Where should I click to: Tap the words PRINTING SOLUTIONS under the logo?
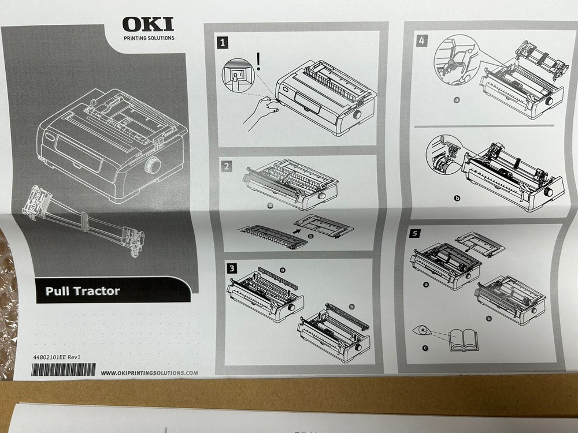point(149,39)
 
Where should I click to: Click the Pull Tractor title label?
point(83,291)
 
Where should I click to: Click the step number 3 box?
point(231,268)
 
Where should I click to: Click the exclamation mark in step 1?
point(260,61)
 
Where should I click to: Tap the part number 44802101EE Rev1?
point(56,358)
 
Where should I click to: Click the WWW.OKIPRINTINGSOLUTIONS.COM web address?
point(149,373)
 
